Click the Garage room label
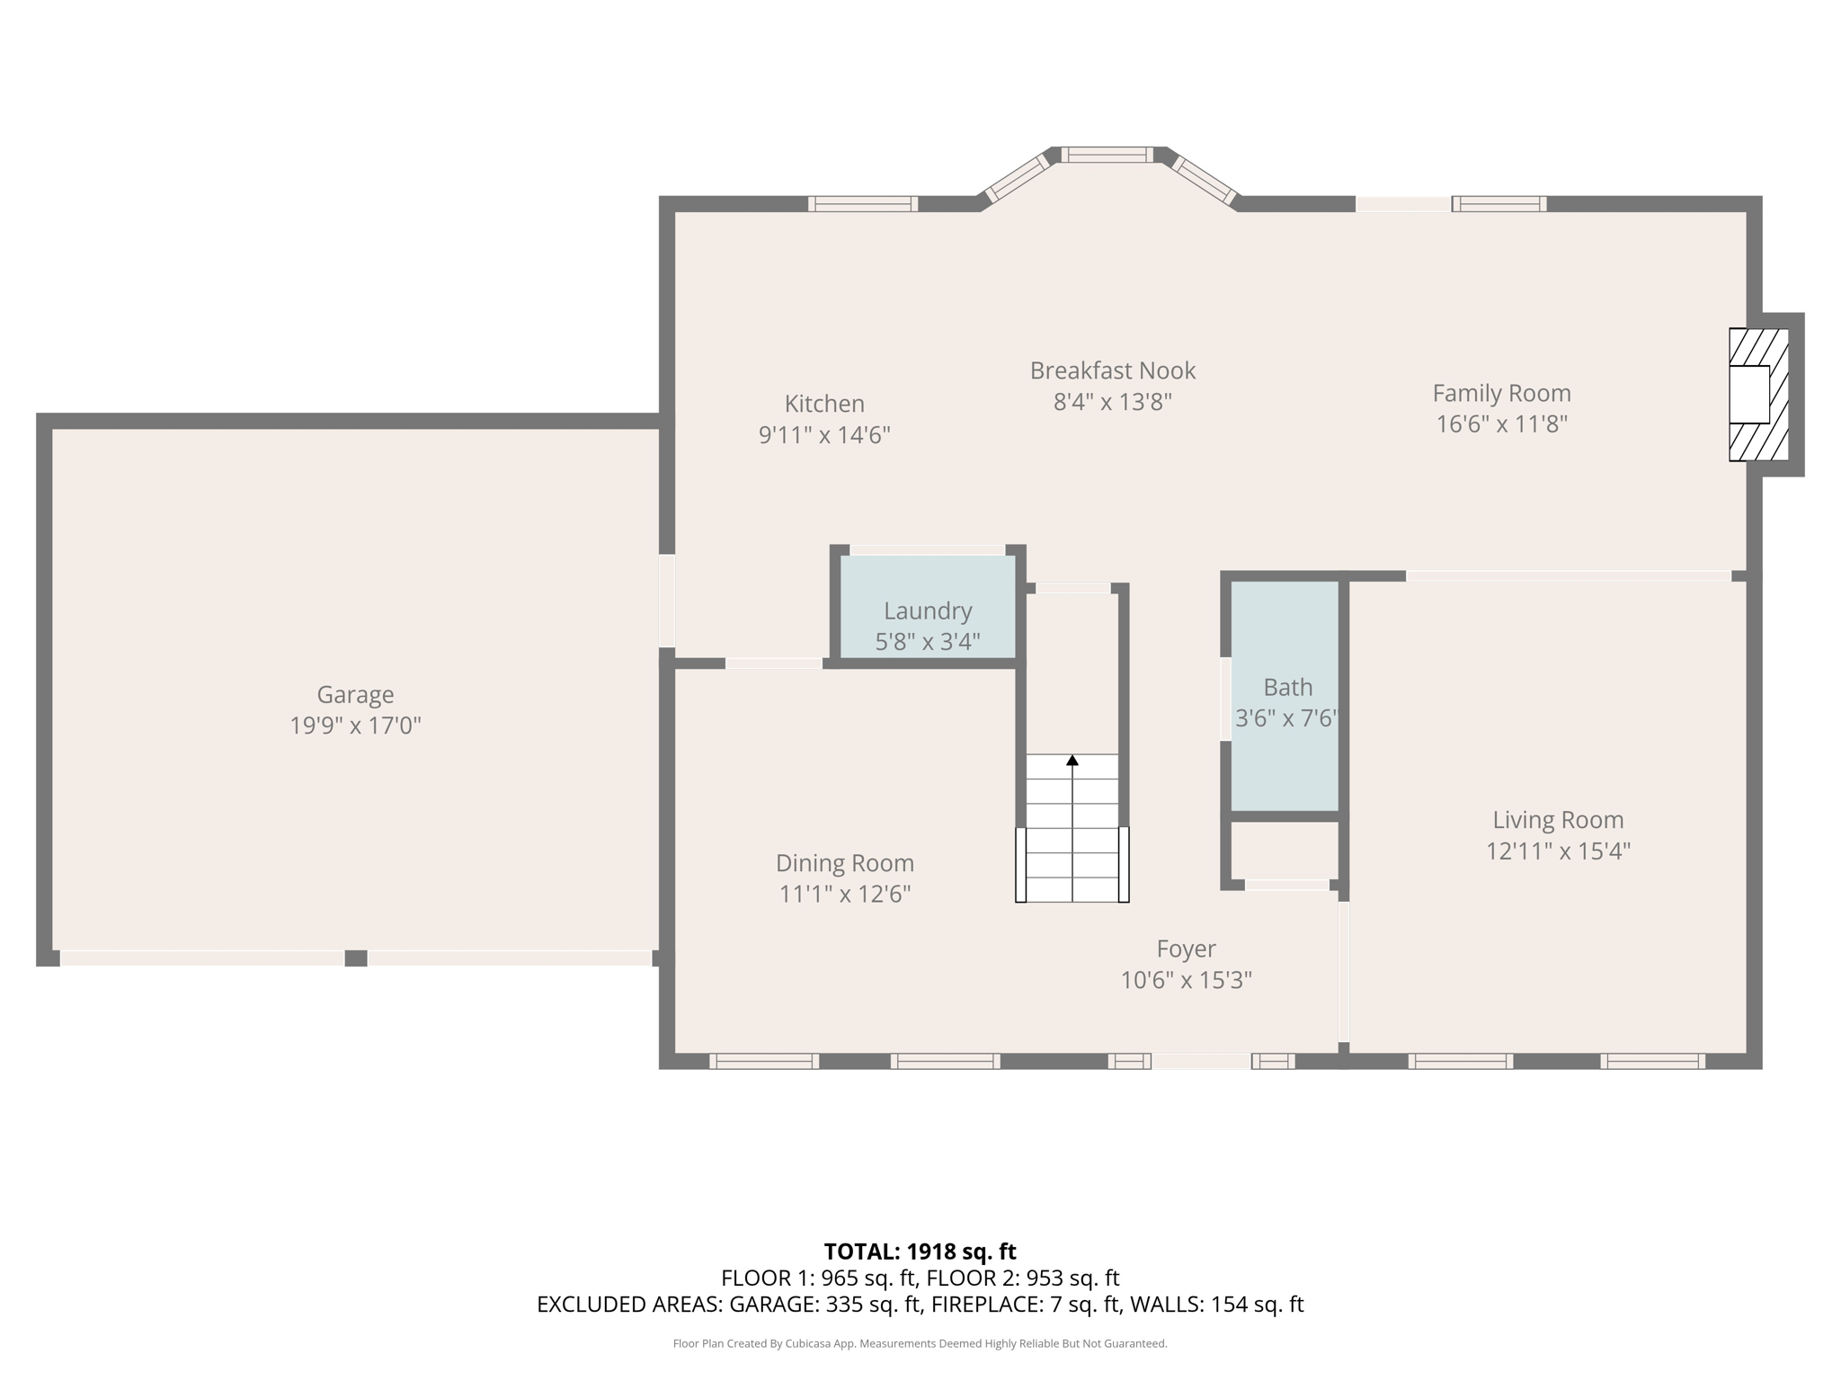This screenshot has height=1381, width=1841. coord(355,694)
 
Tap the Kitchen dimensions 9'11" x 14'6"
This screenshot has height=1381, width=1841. coord(824,435)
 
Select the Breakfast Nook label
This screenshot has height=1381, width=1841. coord(1112,370)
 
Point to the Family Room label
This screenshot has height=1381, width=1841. coord(1501,393)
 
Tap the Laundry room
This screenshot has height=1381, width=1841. coord(928,611)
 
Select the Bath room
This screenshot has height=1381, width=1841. coord(1286,697)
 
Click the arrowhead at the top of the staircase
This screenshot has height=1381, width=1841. coord(1072,761)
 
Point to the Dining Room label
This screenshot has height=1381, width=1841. coord(844,863)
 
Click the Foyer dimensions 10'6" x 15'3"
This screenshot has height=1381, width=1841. coord(1186,980)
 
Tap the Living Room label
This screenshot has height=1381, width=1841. coord(1558,820)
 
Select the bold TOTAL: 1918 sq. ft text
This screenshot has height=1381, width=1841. coord(920,1252)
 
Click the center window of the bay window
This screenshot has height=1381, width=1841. coord(1107,155)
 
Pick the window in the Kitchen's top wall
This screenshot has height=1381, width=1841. coord(862,204)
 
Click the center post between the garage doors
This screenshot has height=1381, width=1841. coord(356,958)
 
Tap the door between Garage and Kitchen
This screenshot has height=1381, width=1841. coord(667,601)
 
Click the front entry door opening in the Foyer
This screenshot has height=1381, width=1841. coord(1201,1061)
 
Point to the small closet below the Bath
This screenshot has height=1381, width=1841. coord(1285,851)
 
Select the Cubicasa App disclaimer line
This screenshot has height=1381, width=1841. coord(920,1344)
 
